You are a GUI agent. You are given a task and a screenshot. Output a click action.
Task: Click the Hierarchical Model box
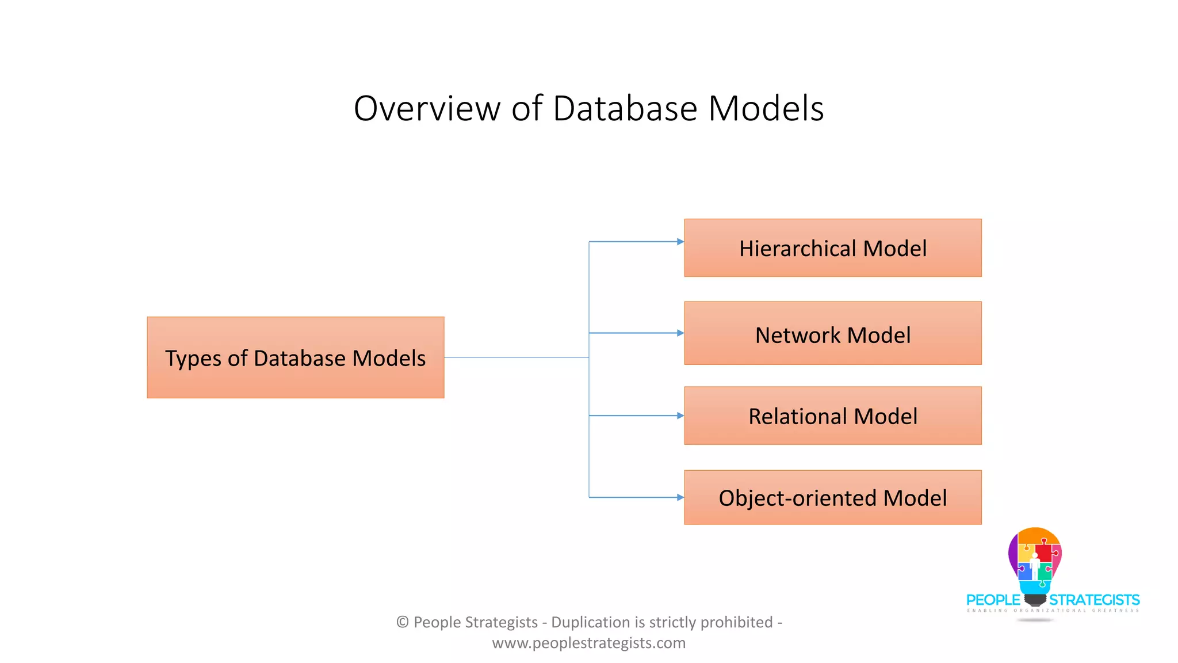tap(832, 248)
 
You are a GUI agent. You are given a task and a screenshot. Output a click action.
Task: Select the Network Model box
tap(832, 333)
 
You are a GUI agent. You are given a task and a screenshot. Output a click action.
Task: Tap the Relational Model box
tap(832, 416)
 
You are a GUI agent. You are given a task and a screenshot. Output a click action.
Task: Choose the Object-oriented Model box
tap(832, 497)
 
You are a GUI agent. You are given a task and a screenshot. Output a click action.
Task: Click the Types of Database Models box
tap(295, 357)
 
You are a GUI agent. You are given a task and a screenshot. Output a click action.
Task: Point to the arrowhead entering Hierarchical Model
tap(680, 242)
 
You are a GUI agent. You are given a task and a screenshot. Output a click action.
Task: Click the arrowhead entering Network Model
tap(680, 333)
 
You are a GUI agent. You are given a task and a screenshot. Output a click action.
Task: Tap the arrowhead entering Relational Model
tap(680, 416)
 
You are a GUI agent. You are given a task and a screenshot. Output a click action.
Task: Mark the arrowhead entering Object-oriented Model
tap(680, 497)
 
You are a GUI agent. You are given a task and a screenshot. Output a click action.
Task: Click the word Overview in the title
tap(427, 108)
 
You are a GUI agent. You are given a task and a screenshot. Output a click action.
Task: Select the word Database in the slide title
tap(625, 108)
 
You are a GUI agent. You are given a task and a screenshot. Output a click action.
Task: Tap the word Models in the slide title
tap(766, 108)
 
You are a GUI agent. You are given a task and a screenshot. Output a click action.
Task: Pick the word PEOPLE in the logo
tap(993, 600)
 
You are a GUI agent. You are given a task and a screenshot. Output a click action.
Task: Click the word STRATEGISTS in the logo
tap(1094, 600)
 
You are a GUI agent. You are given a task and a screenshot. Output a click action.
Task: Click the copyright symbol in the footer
tap(403, 622)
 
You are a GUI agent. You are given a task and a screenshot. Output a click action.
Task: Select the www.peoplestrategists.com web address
tap(588, 643)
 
